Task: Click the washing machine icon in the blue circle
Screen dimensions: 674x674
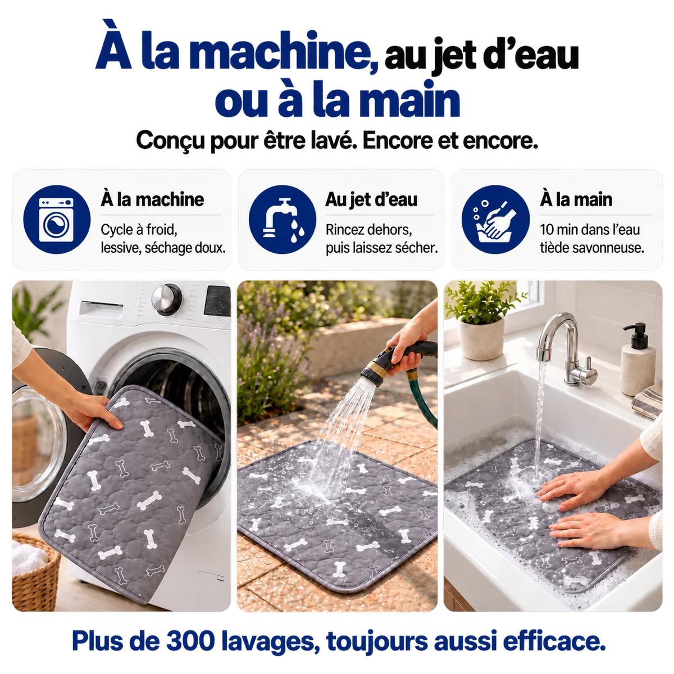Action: pos(56,220)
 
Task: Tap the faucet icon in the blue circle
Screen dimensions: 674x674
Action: pos(283,220)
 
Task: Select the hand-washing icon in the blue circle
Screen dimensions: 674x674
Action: pos(495,220)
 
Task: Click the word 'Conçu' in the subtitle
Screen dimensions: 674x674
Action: pos(170,141)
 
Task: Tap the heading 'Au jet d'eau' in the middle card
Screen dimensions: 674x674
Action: pos(371,200)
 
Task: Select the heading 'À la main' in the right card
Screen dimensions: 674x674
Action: pos(576,200)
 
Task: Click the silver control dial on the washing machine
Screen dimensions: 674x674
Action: pos(166,299)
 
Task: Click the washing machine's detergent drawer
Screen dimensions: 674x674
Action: pos(101,309)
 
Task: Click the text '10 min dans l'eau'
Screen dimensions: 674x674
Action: pos(589,230)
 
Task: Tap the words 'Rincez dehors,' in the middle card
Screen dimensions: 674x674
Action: pos(368,230)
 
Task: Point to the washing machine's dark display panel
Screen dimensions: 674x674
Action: pos(217,301)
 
